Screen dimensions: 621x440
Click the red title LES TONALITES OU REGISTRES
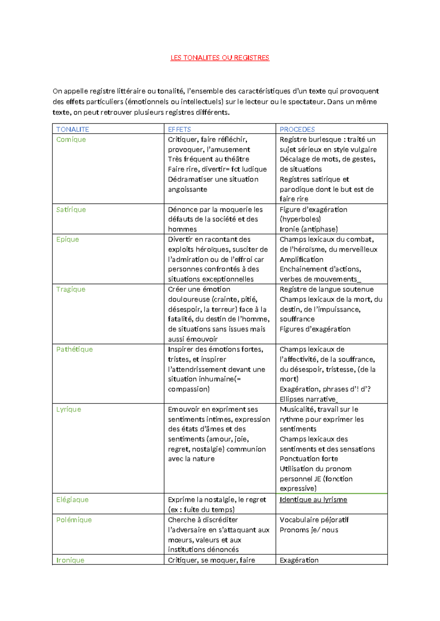tap(220, 58)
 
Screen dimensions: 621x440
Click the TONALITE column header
tap(73, 129)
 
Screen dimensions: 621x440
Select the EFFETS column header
tap(179, 129)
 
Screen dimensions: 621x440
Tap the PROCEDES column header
tap(297, 129)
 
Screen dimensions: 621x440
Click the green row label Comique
tap(71, 140)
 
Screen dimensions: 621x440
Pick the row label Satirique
tap(71, 209)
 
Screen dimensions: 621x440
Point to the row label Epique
tap(67, 239)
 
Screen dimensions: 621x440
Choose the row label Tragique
tap(70, 289)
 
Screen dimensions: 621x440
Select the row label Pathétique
tap(74, 349)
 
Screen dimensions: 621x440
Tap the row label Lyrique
tap(69, 409)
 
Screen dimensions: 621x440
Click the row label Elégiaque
tap(72, 500)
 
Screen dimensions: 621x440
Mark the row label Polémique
tap(74, 520)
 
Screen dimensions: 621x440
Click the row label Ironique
tap(70, 560)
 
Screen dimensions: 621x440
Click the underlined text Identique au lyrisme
tap(313, 500)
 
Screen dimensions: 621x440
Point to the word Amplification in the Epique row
tap(301, 260)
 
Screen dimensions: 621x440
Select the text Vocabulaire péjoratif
tap(314, 520)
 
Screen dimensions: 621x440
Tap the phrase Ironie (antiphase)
tap(308, 229)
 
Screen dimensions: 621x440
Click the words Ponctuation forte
tap(309, 459)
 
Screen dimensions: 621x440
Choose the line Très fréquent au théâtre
tap(208, 159)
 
